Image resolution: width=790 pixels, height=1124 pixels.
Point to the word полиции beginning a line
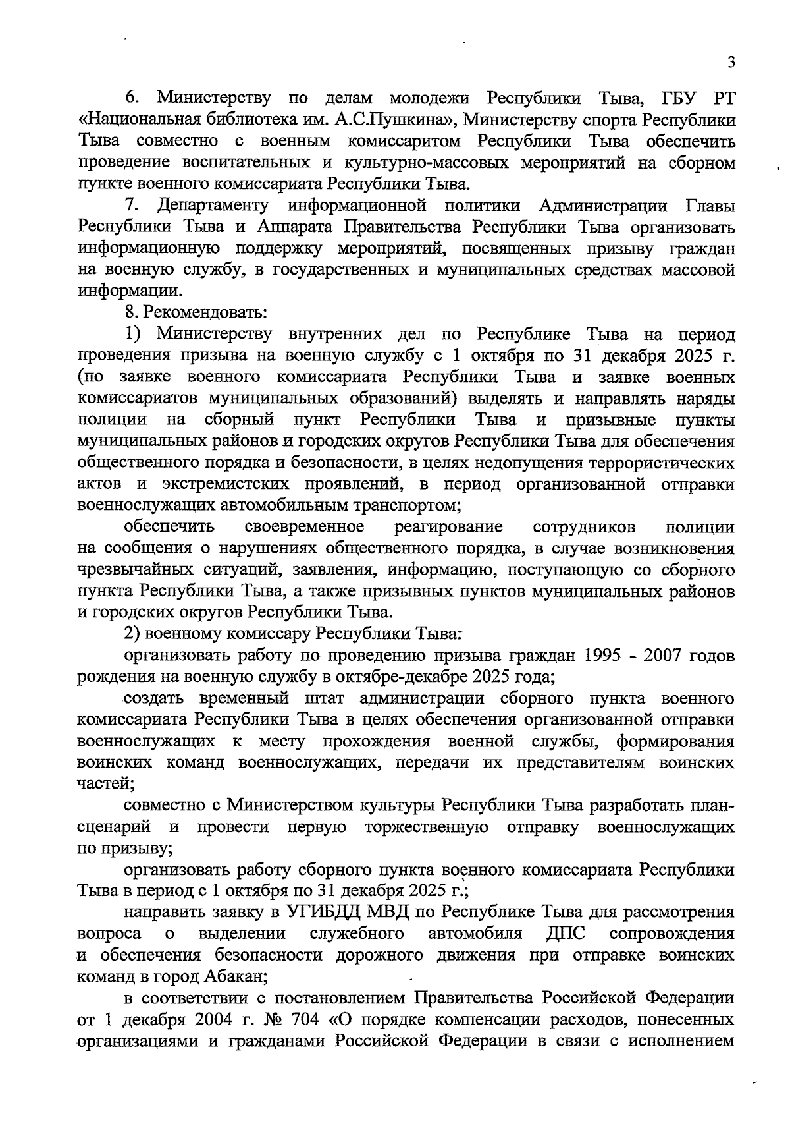click(110, 420)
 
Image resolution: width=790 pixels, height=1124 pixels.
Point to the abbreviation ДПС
click(566, 934)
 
